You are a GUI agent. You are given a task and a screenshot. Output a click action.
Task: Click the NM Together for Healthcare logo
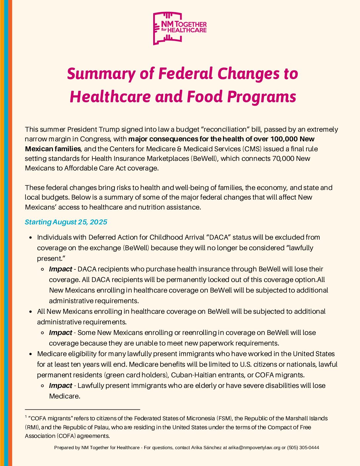tap(180, 28)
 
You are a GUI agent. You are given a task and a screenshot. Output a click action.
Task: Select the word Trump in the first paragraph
tap(109, 129)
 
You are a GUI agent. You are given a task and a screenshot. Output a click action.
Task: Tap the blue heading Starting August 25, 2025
tap(66, 222)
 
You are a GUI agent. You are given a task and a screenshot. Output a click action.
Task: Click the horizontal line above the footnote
tap(82, 410)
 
